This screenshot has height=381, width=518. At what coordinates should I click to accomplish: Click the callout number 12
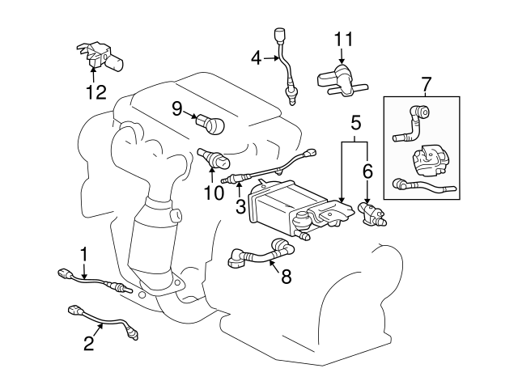[x=96, y=91]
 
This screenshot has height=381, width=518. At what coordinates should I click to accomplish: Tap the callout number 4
[x=257, y=57]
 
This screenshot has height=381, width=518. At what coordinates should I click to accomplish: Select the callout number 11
[x=343, y=39]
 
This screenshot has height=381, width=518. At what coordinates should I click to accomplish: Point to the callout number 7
[x=427, y=83]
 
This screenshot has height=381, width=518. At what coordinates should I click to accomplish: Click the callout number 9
[x=176, y=108]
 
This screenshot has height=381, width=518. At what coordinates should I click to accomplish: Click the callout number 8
[x=287, y=274]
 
